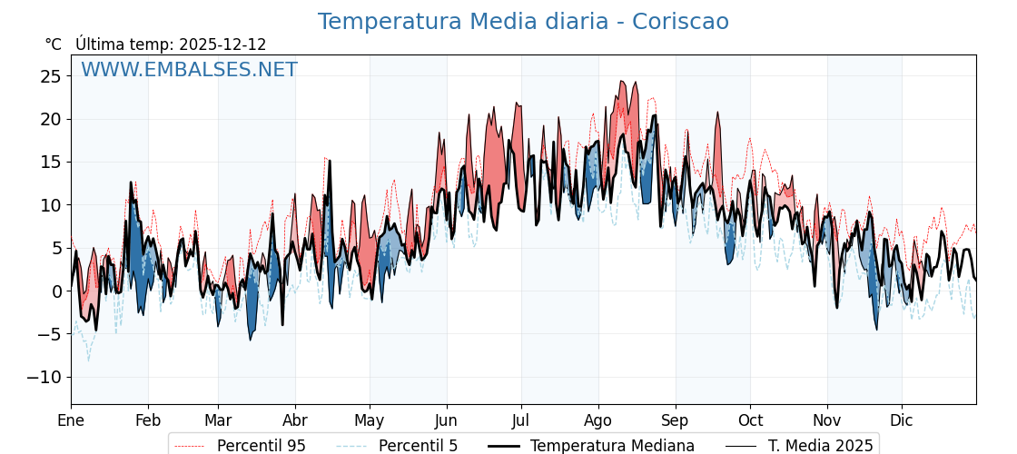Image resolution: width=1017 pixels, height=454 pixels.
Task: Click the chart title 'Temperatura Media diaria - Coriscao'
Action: [x=523, y=22]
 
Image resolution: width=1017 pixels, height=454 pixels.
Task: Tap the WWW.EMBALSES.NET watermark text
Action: [x=189, y=70]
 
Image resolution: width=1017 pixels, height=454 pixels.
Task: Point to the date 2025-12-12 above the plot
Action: [x=222, y=44]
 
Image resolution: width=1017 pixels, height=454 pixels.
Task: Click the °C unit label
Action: [x=54, y=44]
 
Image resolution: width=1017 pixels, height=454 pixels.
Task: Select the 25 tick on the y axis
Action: [x=50, y=76]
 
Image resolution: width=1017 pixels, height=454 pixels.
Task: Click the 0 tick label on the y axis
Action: [x=56, y=291]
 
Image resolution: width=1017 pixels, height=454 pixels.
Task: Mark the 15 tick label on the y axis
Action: [x=50, y=162]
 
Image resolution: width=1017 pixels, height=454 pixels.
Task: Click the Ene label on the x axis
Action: [x=71, y=420]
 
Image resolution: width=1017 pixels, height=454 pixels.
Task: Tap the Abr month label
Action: [x=295, y=420]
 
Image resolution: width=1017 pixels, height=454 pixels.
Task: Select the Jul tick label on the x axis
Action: [x=521, y=420]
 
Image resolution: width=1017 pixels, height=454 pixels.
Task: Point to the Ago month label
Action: [x=598, y=420]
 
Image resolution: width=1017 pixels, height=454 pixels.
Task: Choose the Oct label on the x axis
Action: [x=750, y=420]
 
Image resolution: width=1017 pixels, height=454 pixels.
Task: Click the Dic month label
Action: [x=902, y=420]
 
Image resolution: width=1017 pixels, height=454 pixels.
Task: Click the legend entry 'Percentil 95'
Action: [x=262, y=446]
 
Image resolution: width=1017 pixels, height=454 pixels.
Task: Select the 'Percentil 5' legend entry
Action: [x=418, y=446]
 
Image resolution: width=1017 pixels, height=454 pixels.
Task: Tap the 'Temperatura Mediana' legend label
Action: [x=612, y=446]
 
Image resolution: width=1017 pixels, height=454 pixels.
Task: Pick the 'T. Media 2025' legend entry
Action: [x=820, y=446]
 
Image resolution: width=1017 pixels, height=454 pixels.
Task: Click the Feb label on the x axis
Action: [x=148, y=420]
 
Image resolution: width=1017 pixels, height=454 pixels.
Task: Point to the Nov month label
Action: [x=827, y=420]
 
